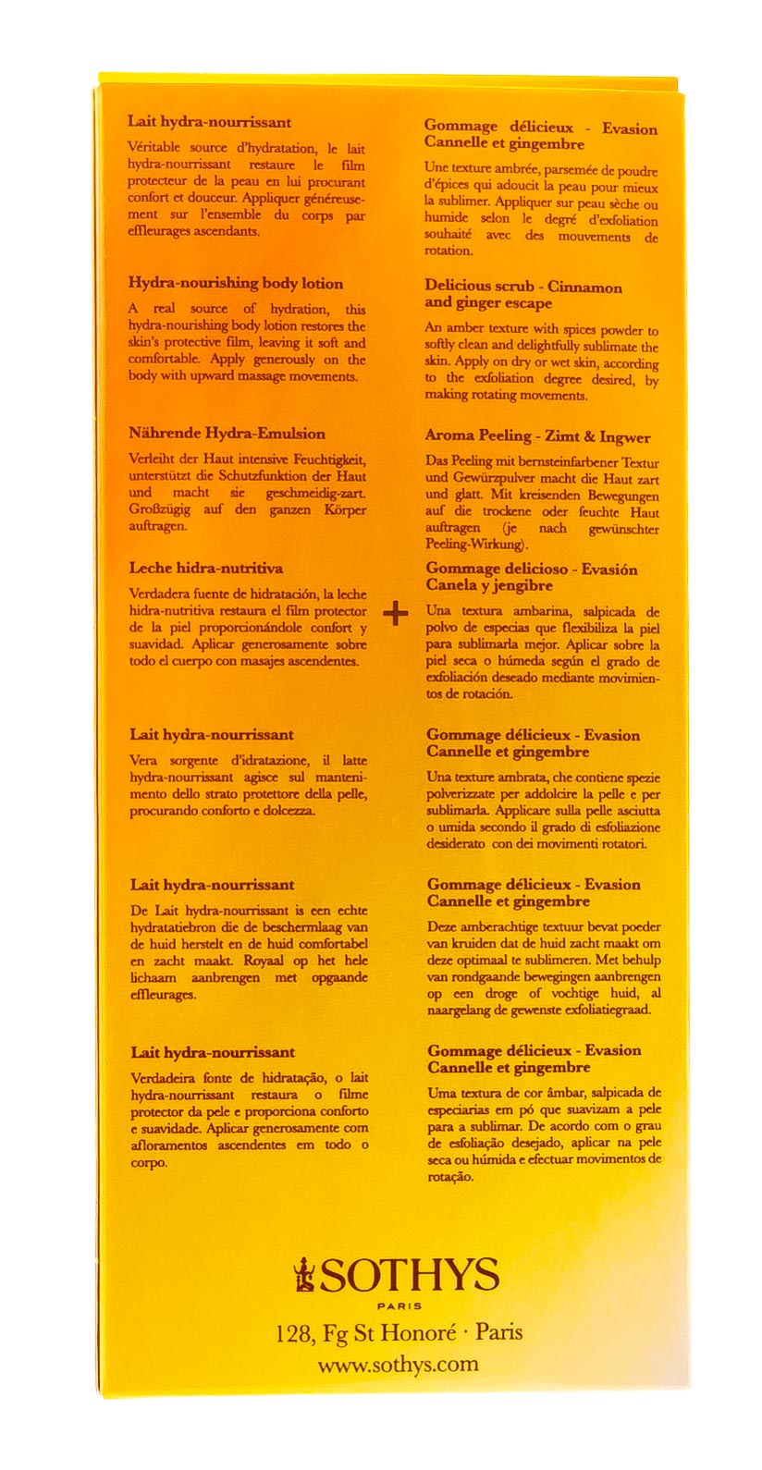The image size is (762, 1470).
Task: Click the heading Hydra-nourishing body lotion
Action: (235, 284)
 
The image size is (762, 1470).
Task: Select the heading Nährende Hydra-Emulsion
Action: (227, 434)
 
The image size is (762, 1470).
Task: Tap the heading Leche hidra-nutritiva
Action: (206, 569)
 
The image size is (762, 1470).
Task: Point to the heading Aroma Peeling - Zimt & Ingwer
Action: (537, 437)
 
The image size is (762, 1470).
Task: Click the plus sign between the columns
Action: (395, 613)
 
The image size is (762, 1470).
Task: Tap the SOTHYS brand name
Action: (410, 1277)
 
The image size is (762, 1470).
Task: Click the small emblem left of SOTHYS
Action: (302, 1275)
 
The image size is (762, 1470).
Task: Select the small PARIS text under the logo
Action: (399, 1306)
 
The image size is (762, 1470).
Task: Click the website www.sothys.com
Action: (398, 1365)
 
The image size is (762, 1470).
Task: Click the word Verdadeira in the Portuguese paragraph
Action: (163, 1078)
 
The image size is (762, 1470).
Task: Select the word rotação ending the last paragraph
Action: (449, 1177)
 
